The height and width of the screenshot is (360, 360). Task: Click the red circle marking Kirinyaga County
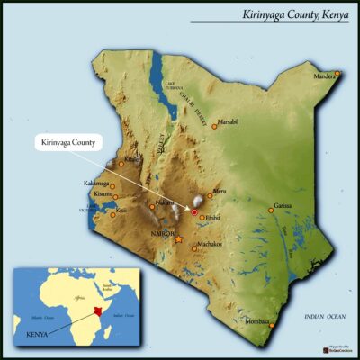pos(193,211)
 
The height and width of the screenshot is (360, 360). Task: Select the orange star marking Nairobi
pos(178,240)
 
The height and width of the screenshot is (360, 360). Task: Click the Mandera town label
pos(325,78)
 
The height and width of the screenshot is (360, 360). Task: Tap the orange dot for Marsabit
pos(214,126)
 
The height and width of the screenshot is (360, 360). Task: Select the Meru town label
pos(221,190)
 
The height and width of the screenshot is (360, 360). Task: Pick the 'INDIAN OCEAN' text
pos(324,318)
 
